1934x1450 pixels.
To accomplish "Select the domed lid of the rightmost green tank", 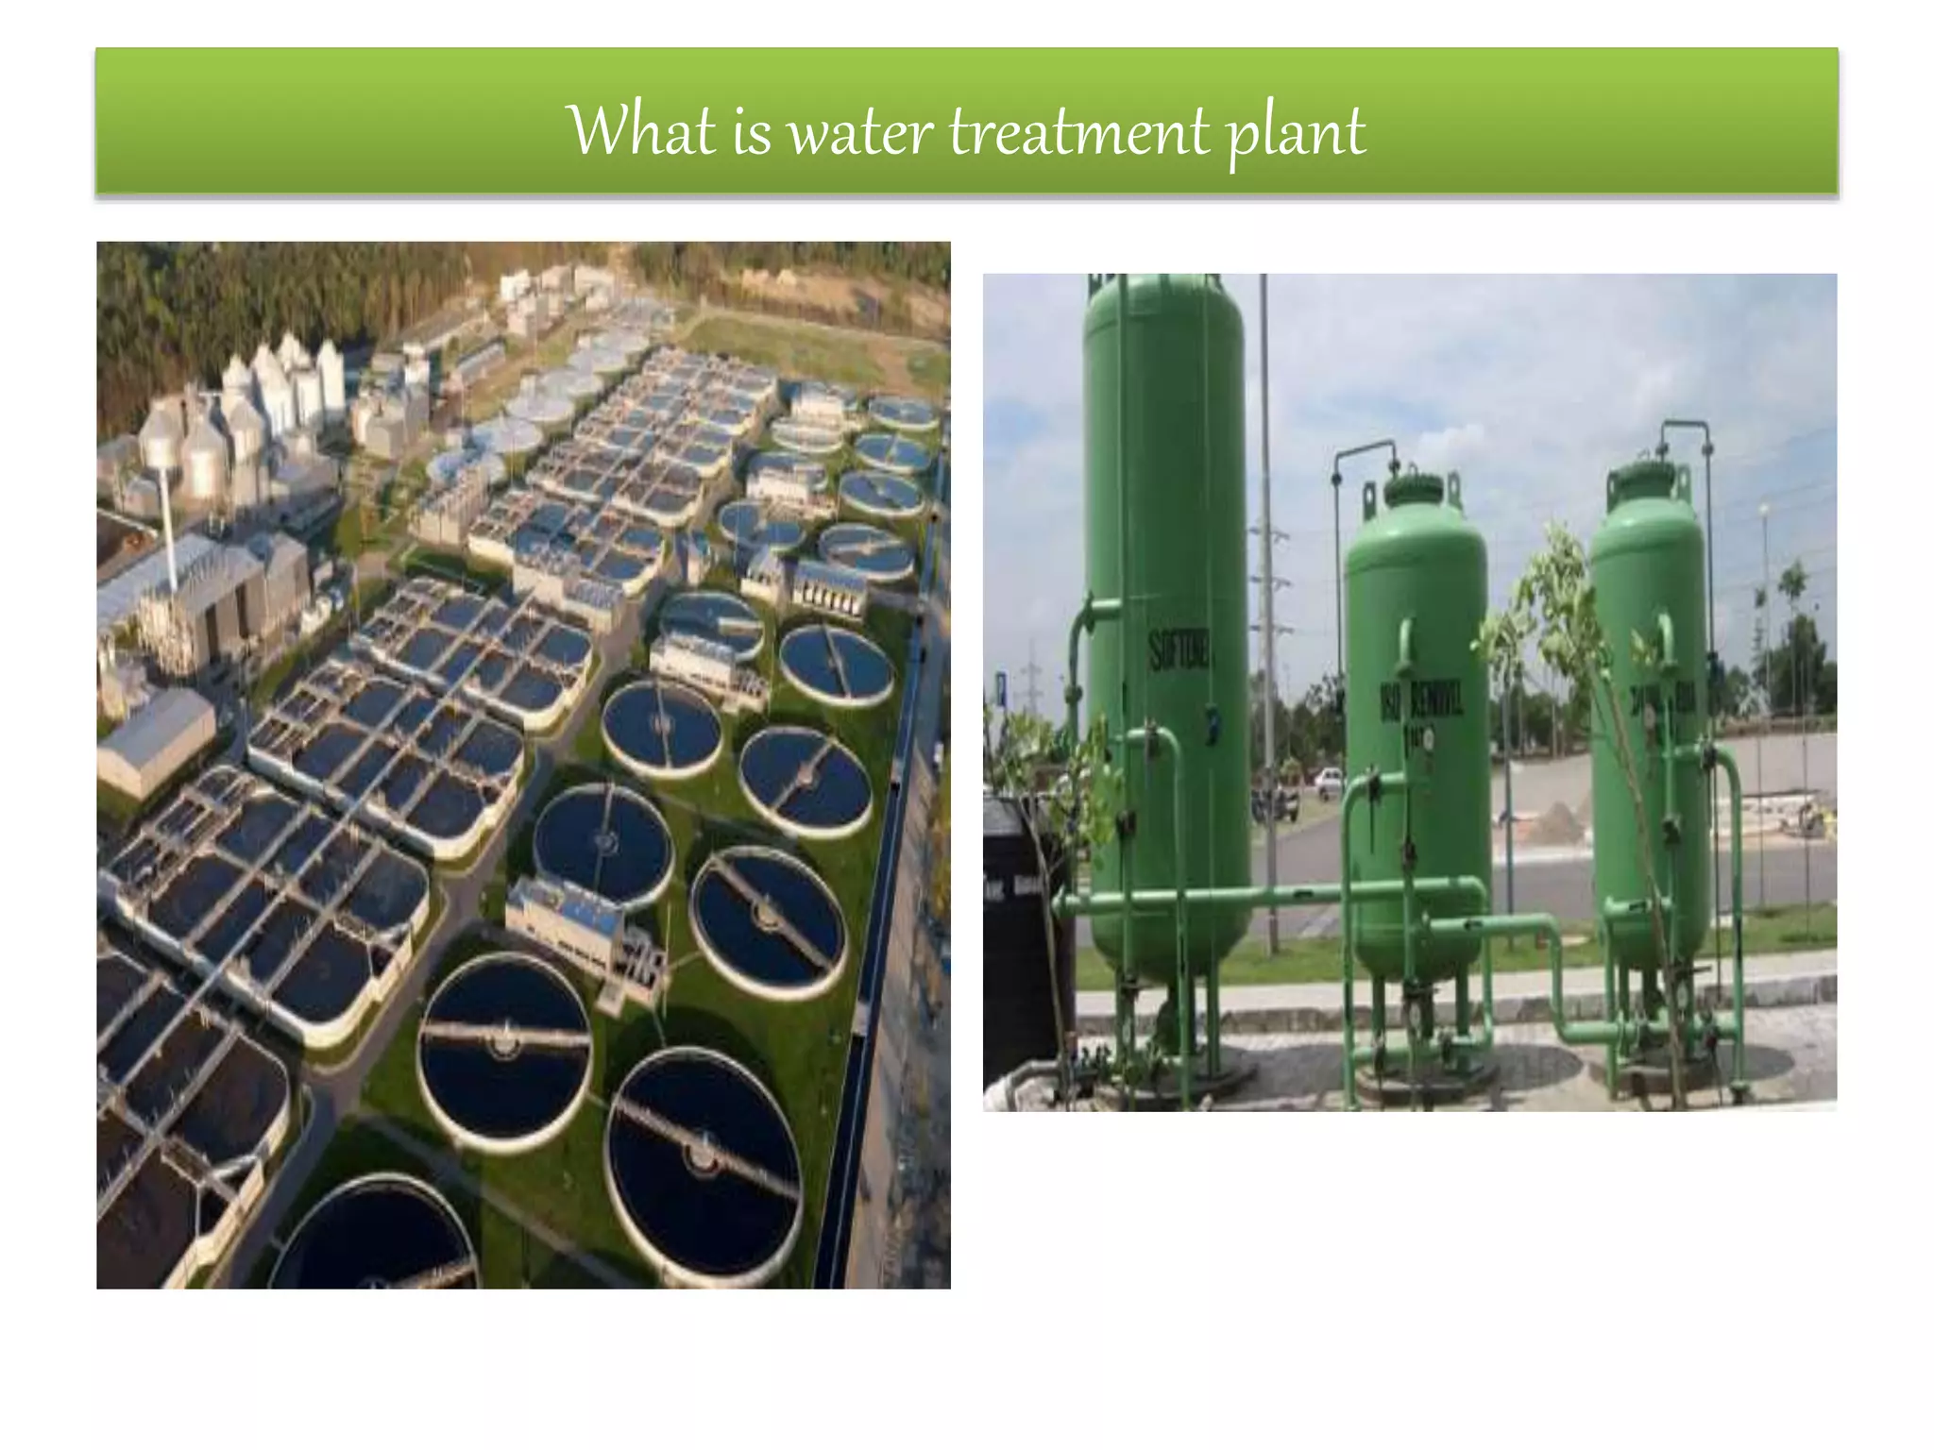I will tap(1648, 476).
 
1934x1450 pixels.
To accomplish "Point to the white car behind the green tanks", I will tap(1327, 778).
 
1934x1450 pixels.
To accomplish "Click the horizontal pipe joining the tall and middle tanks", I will tap(1294, 893).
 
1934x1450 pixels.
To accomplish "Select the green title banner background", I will tap(283, 123).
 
